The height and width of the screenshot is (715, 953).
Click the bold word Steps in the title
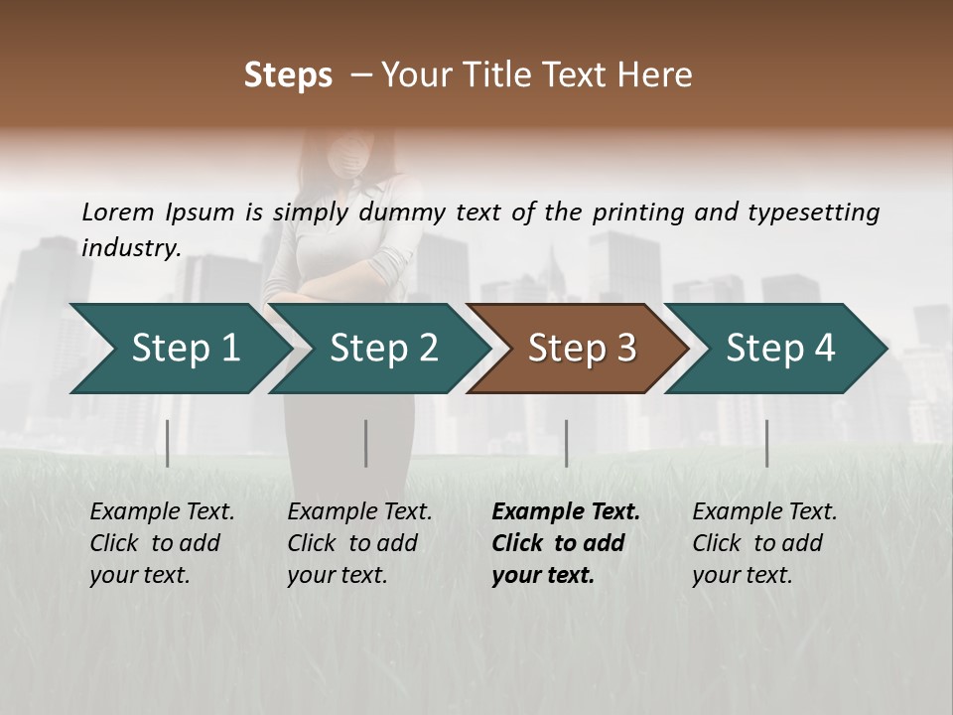coord(288,75)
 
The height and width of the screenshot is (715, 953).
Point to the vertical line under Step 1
coord(168,443)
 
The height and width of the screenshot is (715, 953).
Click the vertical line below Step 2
coord(366,443)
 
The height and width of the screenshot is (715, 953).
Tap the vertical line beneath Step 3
coord(566,443)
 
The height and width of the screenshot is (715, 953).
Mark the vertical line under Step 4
coord(766,443)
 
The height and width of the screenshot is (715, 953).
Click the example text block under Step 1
coord(162,543)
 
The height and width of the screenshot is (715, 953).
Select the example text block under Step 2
coord(359,543)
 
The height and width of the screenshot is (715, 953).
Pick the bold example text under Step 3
coord(566,543)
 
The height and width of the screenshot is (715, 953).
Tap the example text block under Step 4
coord(764,543)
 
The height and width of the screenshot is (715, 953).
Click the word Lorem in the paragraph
coord(117,213)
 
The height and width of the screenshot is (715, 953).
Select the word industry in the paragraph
coord(130,248)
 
